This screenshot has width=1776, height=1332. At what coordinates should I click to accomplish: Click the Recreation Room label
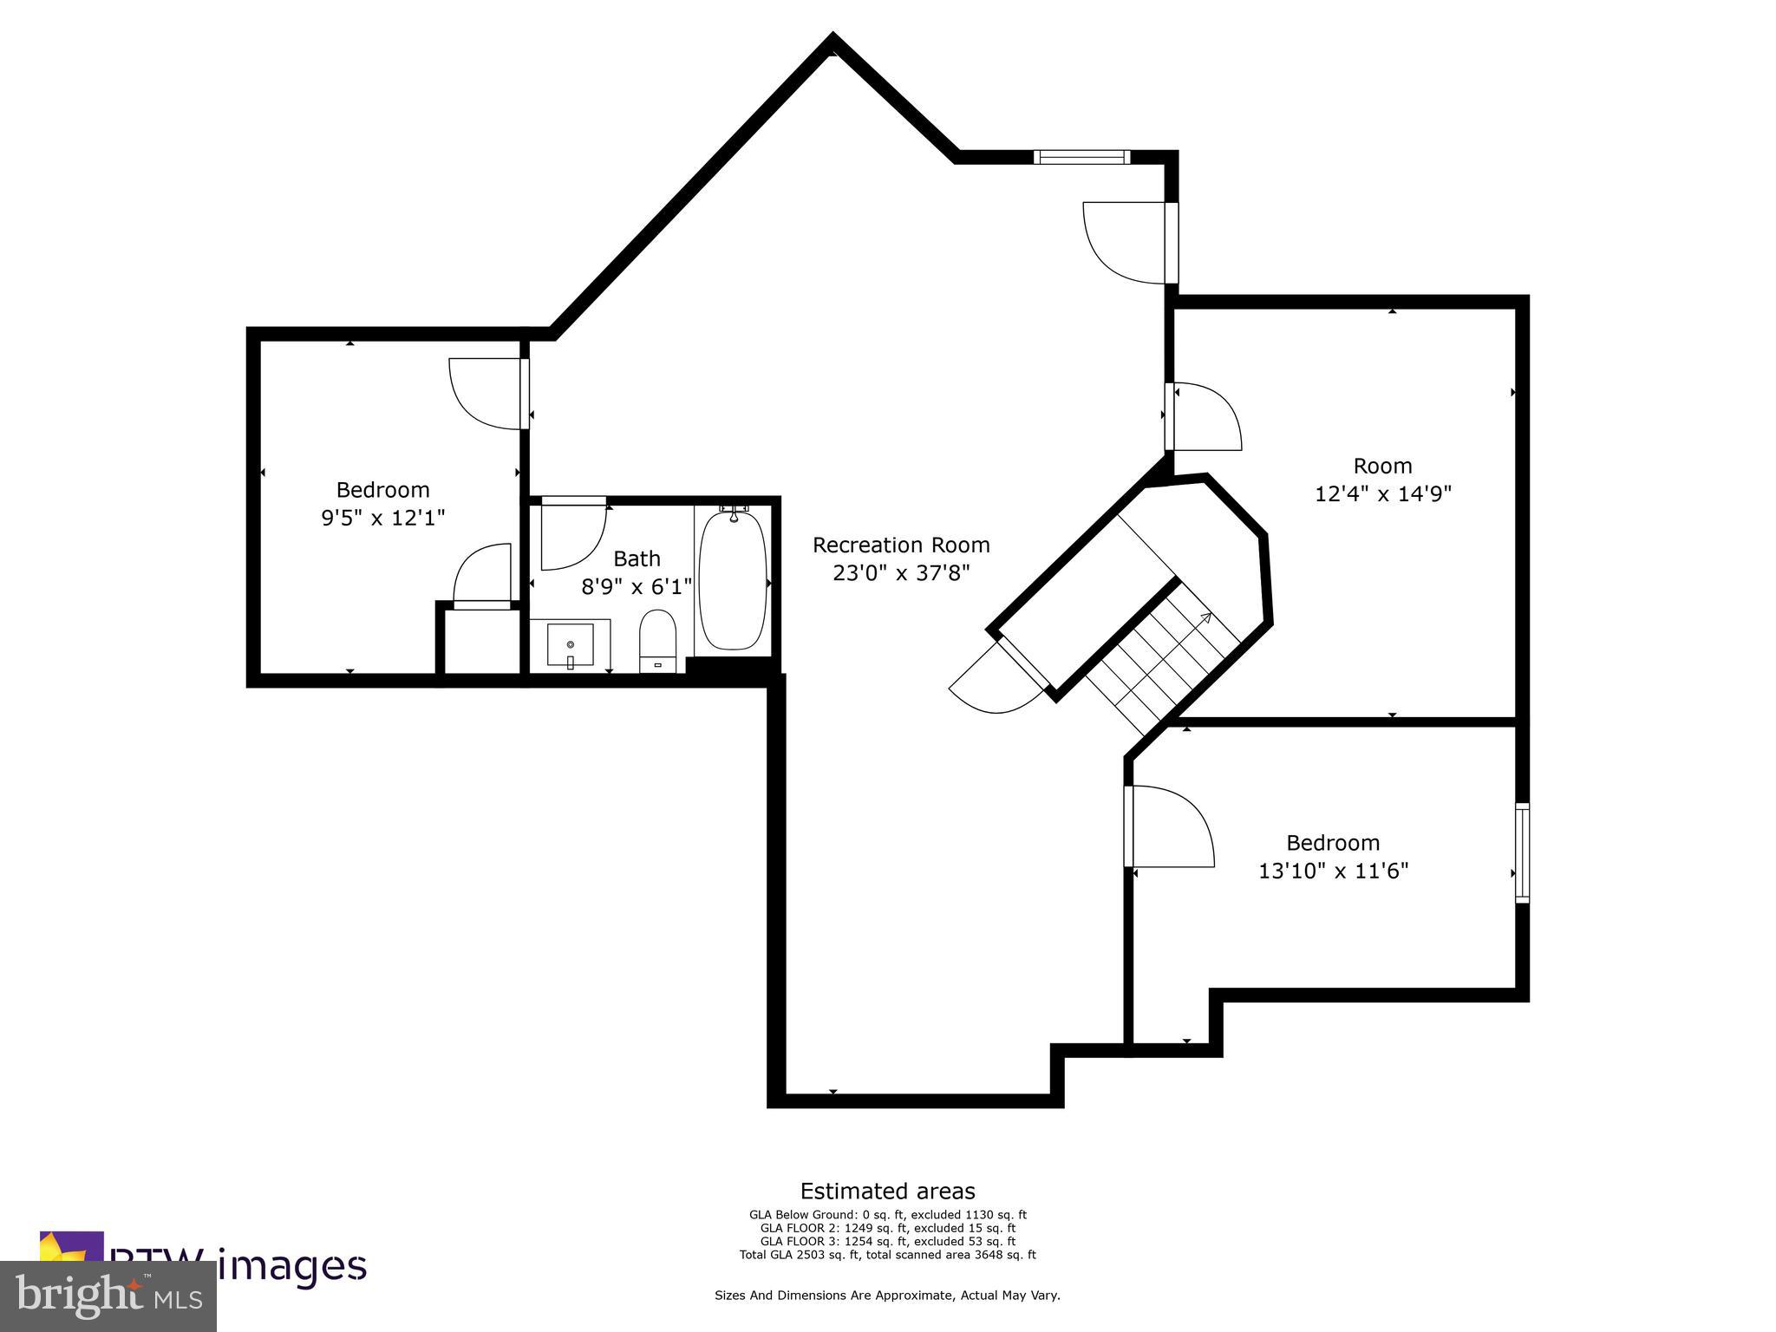click(901, 545)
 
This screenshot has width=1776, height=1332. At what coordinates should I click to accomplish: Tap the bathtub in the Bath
click(733, 579)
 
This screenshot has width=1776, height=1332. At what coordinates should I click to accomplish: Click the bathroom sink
click(571, 644)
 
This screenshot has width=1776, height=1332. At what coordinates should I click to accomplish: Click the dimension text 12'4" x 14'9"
click(1383, 494)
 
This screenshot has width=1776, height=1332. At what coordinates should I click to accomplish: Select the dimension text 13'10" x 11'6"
click(1333, 871)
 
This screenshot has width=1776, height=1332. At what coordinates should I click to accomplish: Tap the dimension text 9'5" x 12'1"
click(382, 519)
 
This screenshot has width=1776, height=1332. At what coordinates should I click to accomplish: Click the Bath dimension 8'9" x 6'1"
click(637, 587)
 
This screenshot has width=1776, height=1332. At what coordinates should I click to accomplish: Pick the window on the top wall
click(1081, 157)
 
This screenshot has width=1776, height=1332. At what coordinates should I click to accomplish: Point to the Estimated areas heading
click(887, 1191)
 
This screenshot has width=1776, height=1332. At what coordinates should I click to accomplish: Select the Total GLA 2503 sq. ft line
click(887, 1255)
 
